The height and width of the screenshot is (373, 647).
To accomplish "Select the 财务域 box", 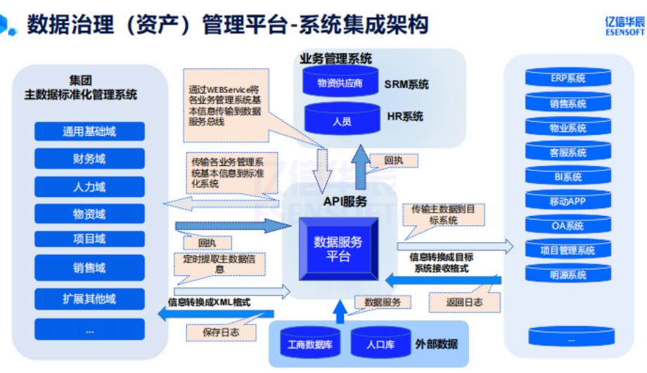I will (89, 158).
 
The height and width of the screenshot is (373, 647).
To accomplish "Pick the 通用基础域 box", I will (89, 132).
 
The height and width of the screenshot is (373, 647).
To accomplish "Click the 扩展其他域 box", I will (89, 298).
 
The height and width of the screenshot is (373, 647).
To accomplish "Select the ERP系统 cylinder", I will (568, 79).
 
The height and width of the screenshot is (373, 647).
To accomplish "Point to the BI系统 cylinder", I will (568, 177).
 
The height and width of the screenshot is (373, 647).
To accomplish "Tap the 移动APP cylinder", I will (568, 202).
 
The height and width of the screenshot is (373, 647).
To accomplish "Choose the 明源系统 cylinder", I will (568, 276).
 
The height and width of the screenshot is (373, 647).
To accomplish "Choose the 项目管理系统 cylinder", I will (568, 251).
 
